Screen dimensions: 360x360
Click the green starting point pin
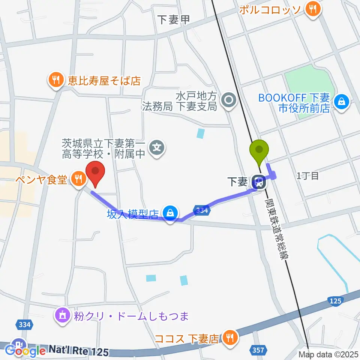pyautogui.click(x=259, y=150)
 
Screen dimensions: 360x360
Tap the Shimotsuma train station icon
pyautogui.click(x=259, y=183)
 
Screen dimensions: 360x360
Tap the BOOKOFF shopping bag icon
pyautogui.click(x=342, y=101)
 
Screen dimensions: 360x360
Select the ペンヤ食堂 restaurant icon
pyautogui.click(x=78, y=179)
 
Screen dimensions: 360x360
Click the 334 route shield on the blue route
pyautogui.click(x=202, y=211)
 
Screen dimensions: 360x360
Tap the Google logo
pyautogui.click(x=25, y=351)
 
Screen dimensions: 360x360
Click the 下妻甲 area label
pyautogui.click(x=174, y=19)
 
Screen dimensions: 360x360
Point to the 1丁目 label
pyautogui.click(x=307, y=175)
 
